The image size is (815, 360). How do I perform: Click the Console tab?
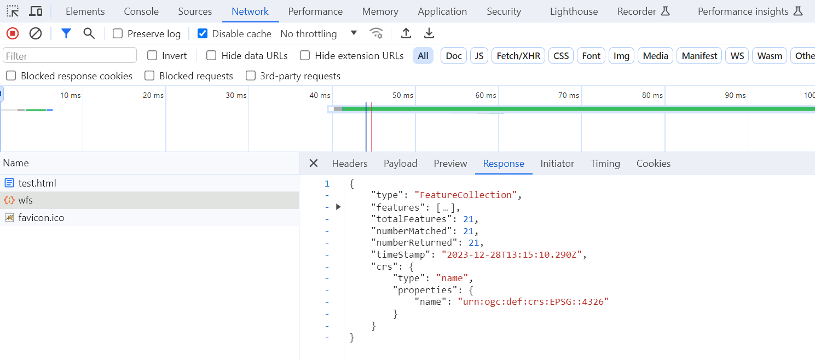pyautogui.click(x=141, y=11)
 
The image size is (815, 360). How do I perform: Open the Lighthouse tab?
pyautogui.click(x=574, y=11)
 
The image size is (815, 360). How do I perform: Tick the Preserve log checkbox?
pyautogui.click(x=118, y=34)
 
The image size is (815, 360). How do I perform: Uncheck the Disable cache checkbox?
pyautogui.click(x=203, y=34)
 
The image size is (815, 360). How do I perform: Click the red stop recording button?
pyautogui.click(x=13, y=34)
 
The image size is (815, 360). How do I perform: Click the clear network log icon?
pyautogui.click(x=35, y=34)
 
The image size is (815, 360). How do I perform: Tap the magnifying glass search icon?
pyautogui.click(x=89, y=33)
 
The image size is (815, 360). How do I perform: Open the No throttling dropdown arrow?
pyautogui.click(x=354, y=33)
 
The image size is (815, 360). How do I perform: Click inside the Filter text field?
pyautogui.click(x=70, y=56)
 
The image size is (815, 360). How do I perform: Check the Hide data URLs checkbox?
pyautogui.click(x=211, y=56)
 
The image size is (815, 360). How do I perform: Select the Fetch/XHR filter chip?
pyautogui.click(x=518, y=56)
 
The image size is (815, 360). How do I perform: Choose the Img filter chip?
pyautogui.click(x=621, y=56)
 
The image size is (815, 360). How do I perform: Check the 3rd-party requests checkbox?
pyautogui.click(x=251, y=76)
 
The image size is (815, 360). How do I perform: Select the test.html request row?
pyautogui.click(x=37, y=183)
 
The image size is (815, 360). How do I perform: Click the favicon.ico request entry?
pyautogui.click(x=41, y=217)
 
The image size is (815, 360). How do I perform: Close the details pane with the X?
pyautogui.click(x=314, y=163)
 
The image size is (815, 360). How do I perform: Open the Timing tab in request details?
pyautogui.click(x=605, y=163)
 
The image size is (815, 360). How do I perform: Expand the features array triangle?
pyautogui.click(x=338, y=207)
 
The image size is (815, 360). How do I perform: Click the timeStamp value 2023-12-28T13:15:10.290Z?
pyautogui.click(x=512, y=254)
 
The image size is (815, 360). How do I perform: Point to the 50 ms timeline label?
pyautogui.click(x=403, y=95)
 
